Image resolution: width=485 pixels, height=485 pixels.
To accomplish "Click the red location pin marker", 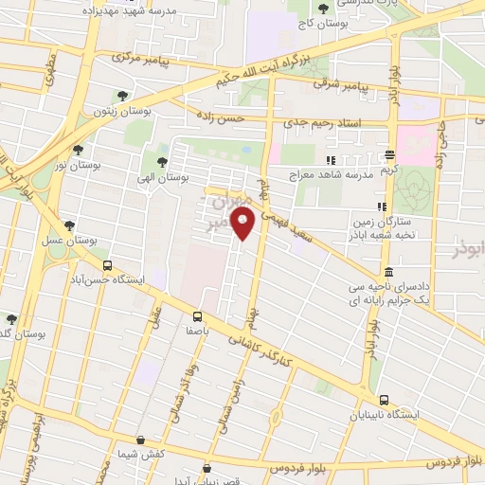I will click(x=243, y=224).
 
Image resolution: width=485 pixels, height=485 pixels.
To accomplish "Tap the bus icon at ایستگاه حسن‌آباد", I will click(x=107, y=266).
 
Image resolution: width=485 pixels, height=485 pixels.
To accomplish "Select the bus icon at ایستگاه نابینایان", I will click(x=384, y=401).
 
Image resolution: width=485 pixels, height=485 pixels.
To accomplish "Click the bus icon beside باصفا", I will click(x=197, y=316).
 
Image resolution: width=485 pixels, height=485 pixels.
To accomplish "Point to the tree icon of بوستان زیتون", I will click(x=122, y=95).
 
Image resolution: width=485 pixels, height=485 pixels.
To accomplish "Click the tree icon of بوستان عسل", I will click(x=68, y=225).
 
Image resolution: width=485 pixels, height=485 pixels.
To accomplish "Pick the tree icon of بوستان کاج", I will click(x=324, y=9).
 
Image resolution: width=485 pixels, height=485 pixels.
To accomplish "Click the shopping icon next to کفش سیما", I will click(x=140, y=440).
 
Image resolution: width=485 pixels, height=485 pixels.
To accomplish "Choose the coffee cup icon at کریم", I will click(x=389, y=156).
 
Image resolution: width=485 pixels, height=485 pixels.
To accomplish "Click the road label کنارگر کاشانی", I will click(x=274, y=360).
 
